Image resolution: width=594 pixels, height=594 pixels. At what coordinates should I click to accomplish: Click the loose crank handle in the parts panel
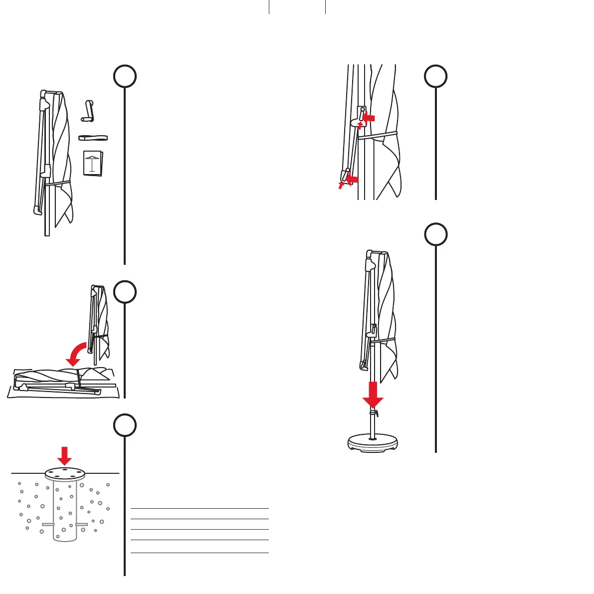click(x=88, y=111)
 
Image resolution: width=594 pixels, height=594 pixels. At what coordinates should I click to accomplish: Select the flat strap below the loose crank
click(x=93, y=138)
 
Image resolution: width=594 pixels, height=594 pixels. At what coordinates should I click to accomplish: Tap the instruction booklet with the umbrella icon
click(x=93, y=163)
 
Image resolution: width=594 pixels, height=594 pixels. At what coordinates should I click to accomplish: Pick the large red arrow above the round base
click(x=373, y=394)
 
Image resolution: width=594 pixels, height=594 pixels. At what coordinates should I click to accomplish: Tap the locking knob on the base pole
click(x=374, y=412)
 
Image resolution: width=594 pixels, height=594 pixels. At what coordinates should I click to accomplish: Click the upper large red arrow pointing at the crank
click(x=369, y=118)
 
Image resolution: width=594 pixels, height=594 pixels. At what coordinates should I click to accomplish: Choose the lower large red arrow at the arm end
click(x=352, y=178)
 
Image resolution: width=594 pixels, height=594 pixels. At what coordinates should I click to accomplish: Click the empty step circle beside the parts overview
click(x=125, y=76)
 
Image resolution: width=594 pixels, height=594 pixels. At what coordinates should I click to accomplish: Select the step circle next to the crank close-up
click(x=436, y=76)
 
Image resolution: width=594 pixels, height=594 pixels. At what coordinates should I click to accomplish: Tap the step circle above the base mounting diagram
click(x=436, y=234)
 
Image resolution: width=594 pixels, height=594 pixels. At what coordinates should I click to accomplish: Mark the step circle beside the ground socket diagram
click(x=125, y=425)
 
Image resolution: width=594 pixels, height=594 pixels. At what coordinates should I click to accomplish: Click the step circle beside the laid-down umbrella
click(x=125, y=292)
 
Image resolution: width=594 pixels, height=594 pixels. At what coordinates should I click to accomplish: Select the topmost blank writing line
click(x=199, y=508)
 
